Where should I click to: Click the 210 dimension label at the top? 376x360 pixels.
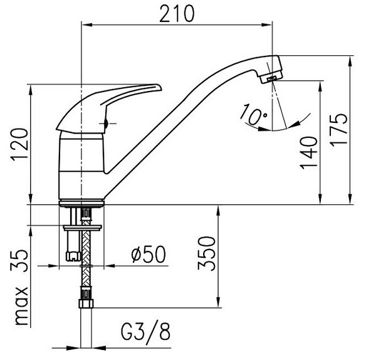tap(177, 14)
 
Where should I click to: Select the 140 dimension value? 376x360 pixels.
tap(309, 153)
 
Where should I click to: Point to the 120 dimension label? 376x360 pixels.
tap(19, 145)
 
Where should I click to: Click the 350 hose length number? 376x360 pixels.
tap(207, 253)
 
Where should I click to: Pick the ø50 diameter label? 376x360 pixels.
tap(149, 255)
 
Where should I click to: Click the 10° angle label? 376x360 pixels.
tap(254, 115)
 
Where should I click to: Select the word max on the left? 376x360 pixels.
tap(21, 305)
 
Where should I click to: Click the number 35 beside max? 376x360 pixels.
tap(19, 261)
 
